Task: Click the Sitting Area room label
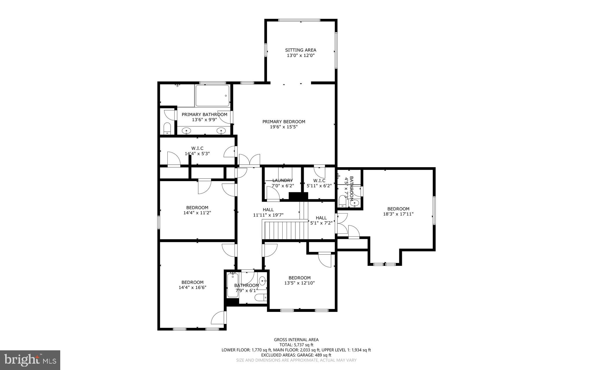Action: tap(301, 50)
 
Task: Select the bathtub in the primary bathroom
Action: tap(212, 96)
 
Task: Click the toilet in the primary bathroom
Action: tap(167, 128)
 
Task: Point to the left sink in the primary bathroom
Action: tap(187, 131)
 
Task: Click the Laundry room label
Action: tap(283, 181)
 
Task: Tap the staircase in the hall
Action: tap(285, 230)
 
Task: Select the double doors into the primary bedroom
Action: tap(249, 161)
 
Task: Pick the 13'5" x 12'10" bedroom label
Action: tap(299, 278)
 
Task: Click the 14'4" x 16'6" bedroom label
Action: tap(193, 282)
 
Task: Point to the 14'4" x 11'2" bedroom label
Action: tap(197, 208)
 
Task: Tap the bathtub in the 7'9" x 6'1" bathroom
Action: tap(233, 286)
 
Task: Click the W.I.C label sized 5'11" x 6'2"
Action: tap(319, 181)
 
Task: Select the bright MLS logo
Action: tap(30, 360)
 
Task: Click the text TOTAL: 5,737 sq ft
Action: tap(296, 345)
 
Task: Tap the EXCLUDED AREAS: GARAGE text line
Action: tap(296, 355)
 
